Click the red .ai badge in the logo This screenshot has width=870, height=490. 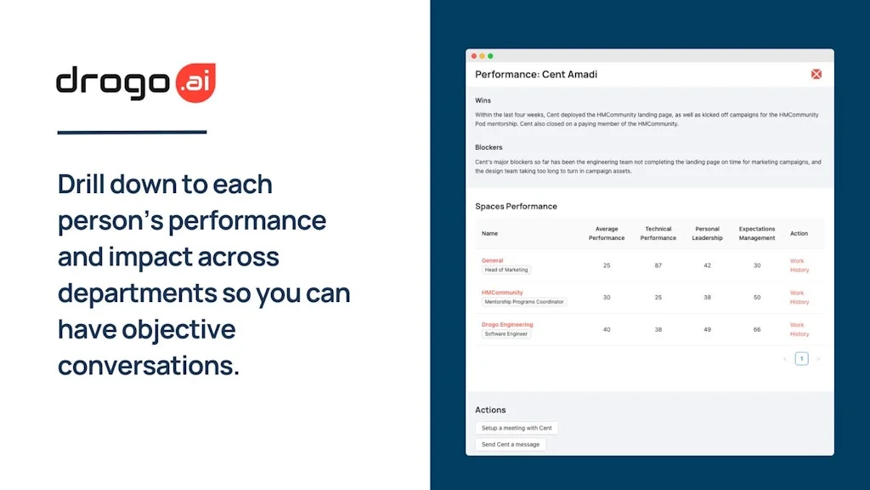coord(195,83)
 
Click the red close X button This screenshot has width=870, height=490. coord(816,74)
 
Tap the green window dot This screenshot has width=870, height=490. coord(490,56)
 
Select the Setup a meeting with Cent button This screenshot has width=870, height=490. coord(517,428)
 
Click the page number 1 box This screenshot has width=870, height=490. coord(801,359)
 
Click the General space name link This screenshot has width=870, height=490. coord(492,260)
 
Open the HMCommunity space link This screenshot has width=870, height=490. coord(502,293)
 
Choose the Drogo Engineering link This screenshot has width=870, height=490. coord(507,324)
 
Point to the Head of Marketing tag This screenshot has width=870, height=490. coord(506,270)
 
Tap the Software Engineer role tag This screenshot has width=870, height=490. coord(506,333)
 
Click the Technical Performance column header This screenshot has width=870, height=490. coord(658,233)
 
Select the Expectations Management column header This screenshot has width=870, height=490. coord(757,233)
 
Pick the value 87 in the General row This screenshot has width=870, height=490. coord(658,265)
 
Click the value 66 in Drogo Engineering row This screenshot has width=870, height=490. coord(757,329)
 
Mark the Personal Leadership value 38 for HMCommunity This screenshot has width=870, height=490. coord(707,297)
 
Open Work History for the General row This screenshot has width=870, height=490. coord(799,265)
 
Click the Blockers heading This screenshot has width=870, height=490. coord(489,147)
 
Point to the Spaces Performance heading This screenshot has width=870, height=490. coord(516,206)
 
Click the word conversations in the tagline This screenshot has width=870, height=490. coord(148,366)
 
